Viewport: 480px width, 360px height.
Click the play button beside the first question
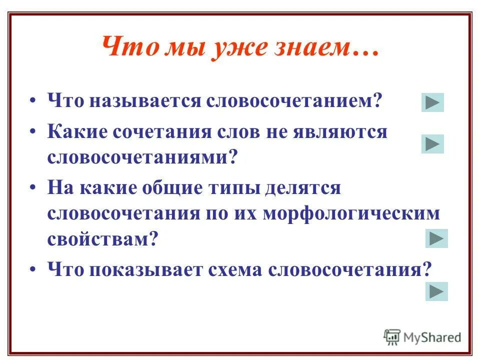(x=432, y=102)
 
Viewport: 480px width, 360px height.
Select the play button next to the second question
(x=432, y=144)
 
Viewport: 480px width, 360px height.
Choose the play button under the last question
(x=436, y=291)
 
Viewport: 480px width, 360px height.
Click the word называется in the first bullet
(x=147, y=101)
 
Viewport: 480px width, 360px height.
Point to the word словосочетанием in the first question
(x=295, y=101)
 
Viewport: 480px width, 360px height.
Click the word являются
(x=348, y=132)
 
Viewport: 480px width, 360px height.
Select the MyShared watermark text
(x=432, y=337)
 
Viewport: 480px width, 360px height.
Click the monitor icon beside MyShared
(x=392, y=336)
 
